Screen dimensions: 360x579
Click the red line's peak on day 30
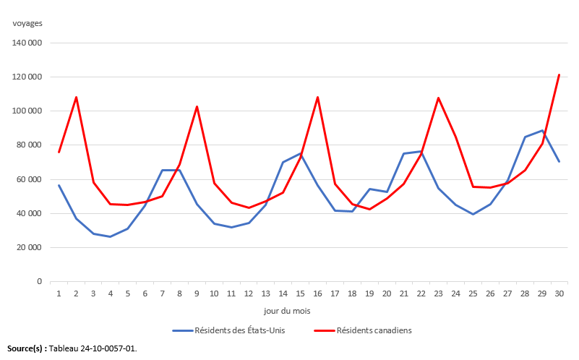559,74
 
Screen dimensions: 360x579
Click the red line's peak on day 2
76,97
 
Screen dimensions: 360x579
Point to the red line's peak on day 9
197,106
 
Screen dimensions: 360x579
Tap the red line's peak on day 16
317,97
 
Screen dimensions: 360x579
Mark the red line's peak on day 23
438,98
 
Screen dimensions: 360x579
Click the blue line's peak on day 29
541,131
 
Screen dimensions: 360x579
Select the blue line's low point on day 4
111,236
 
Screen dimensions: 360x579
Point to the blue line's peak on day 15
300,153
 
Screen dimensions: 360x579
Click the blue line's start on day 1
59,185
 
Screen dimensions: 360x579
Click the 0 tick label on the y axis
39,282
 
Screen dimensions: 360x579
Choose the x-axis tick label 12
249,293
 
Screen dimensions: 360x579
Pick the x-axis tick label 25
473,293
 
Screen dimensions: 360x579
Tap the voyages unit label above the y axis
27,22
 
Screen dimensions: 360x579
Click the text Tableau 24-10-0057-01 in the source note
93,348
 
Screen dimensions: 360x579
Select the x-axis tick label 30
559,293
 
